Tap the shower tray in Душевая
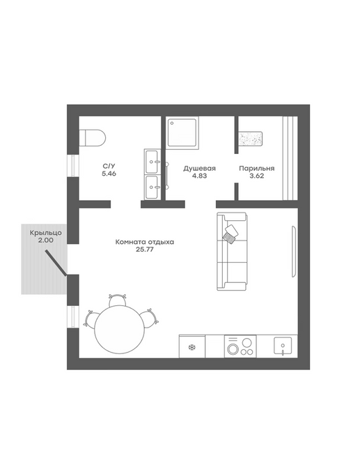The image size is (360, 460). pyautogui.click(x=184, y=132)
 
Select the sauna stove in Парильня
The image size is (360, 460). pyautogui.click(x=251, y=138)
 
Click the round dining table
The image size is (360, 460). pyautogui.click(x=120, y=330)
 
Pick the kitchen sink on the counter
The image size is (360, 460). pyautogui.click(x=283, y=346)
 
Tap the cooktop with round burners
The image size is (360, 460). pyautogui.click(x=240, y=346)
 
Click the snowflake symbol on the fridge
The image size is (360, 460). pyautogui.click(x=191, y=348)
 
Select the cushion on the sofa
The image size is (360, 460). pyautogui.click(x=231, y=234)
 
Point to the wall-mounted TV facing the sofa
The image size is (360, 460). pyautogui.click(x=294, y=252)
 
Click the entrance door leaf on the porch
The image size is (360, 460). pyautogui.click(x=56, y=263)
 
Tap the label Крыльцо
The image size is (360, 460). pyautogui.click(x=46, y=233)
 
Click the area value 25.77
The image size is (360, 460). pyautogui.click(x=145, y=250)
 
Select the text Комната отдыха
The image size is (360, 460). pyautogui.click(x=145, y=242)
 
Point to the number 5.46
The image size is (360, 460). pyautogui.click(x=109, y=174)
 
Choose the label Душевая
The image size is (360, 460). pyautogui.click(x=199, y=169)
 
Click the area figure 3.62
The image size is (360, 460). pyautogui.click(x=257, y=176)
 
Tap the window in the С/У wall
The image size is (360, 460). pyautogui.click(x=73, y=166)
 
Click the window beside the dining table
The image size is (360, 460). pyautogui.click(x=73, y=317)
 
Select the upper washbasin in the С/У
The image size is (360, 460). pyautogui.click(x=152, y=162)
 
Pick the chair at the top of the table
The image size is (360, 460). pyautogui.click(x=118, y=300)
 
